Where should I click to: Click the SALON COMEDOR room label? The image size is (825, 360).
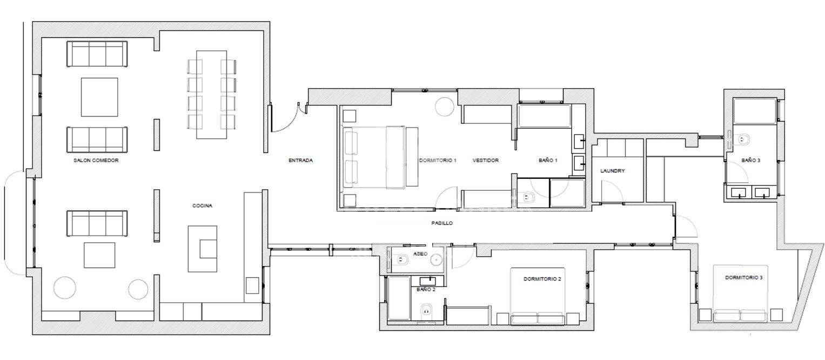pos(96,161)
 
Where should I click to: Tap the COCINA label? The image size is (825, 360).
pos(202,205)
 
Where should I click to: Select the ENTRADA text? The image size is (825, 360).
pos(300,161)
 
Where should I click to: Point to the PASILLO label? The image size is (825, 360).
pos(442,223)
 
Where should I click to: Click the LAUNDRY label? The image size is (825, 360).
pos(613,171)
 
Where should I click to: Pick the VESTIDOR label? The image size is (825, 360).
pos(485,161)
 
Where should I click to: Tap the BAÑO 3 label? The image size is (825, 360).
pos(750,161)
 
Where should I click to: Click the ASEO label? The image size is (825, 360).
pos(420,254)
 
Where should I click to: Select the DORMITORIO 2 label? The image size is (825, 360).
pos(542,279)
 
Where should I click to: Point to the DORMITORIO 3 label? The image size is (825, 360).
pos(743,277)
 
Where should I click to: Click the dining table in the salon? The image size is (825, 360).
pos(211,95)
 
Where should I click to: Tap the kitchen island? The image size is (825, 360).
pos(203,249)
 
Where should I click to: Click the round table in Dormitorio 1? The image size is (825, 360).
pos(445,107)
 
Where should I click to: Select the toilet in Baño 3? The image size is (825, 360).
pos(741,139)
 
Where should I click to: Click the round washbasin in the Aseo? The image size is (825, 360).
pos(437,260)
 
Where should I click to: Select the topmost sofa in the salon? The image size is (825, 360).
pos(97,54)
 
